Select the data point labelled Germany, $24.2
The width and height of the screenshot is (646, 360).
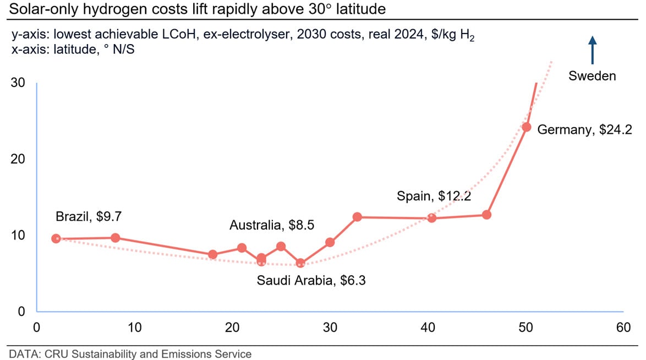pyautogui.click(x=526, y=127)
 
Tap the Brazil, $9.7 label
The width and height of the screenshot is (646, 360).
pyautogui.click(x=88, y=216)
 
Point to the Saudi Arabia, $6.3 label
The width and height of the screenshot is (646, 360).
pyautogui.click(x=311, y=281)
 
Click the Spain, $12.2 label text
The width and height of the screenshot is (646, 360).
pyautogui.click(x=433, y=196)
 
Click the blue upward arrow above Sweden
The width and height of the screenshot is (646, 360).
pyautogui.click(x=592, y=50)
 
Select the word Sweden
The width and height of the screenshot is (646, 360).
pyautogui.click(x=592, y=76)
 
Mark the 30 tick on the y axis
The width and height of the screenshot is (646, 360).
pyautogui.click(x=18, y=83)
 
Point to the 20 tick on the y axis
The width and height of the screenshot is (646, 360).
pyautogui.click(x=18, y=159)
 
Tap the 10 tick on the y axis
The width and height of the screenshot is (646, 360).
pyautogui.click(x=18, y=235)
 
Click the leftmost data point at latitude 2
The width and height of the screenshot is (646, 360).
pyautogui.click(x=56, y=238)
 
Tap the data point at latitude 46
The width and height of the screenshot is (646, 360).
pyautogui.click(x=486, y=215)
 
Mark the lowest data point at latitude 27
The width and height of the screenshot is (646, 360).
pyautogui.click(x=300, y=263)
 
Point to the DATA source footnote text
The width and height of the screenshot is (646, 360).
pyautogui.click(x=130, y=354)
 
